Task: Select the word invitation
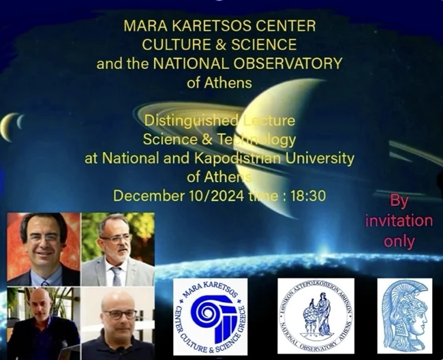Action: point(399,221)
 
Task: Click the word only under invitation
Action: point(399,241)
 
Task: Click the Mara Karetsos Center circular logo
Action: point(210,316)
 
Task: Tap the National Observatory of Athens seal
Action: point(316,315)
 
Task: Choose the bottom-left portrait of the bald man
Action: point(43,323)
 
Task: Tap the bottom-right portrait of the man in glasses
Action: point(117,323)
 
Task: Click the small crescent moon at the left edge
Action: point(9,125)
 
